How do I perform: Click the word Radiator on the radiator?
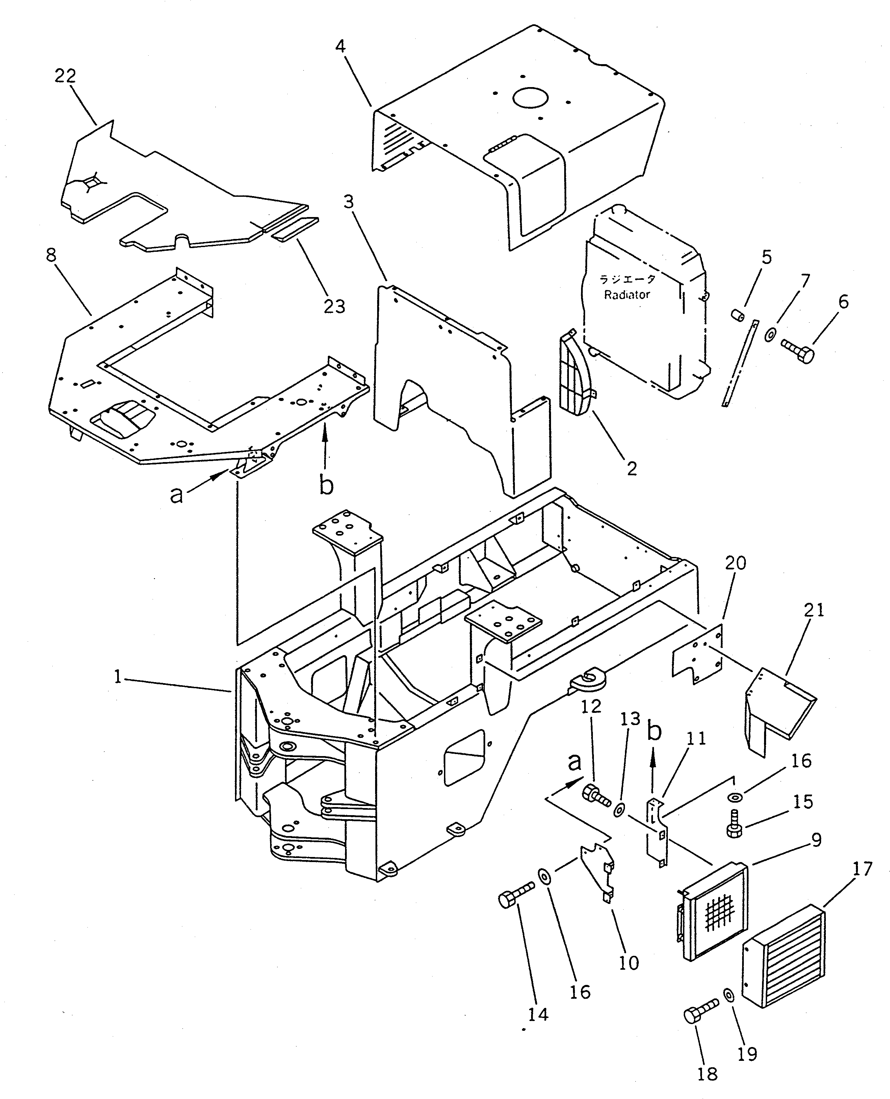tap(627, 295)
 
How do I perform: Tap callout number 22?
tap(65, 76)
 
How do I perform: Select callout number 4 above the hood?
tap(340, 46)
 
